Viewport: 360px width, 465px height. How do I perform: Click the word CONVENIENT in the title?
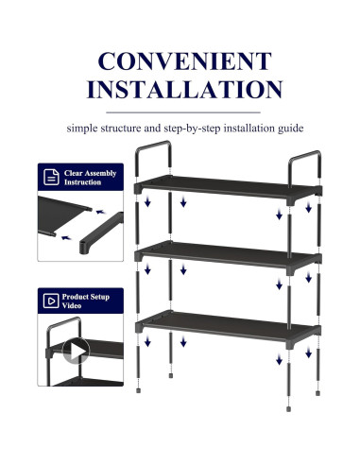click(x=184, y=60)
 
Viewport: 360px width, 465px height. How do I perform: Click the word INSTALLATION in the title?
click(x=184, y=90)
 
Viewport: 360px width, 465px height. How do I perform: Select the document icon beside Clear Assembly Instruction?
click(x=51, y=177)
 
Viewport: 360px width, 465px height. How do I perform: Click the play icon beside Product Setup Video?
click(x=51, y=301)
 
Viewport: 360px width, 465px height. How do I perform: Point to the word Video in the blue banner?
click(x=72, y=305)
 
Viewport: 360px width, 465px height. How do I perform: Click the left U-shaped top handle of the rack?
click(x=153, y=145)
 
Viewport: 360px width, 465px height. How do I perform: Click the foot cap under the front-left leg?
click(x=138, y=390)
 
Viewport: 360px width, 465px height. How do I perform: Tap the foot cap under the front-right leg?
click(x=289, y=409)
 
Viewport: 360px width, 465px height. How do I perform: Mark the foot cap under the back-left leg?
click(x=171, y=375)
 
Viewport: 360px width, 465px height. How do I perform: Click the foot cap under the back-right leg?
click(x=317, y=393)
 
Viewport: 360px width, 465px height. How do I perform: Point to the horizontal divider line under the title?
click(x=183, y=112)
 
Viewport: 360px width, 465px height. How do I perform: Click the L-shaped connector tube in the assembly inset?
click(x=101, y=232)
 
